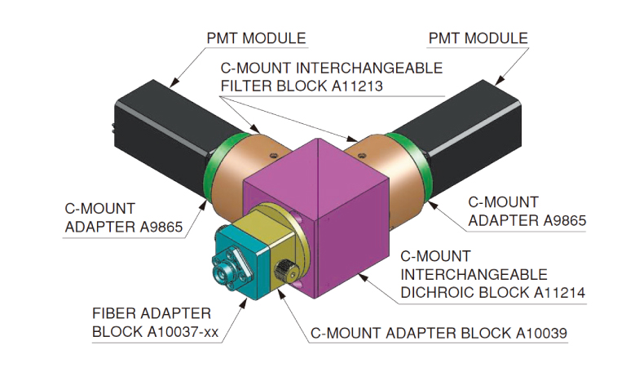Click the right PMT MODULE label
click(478, 38)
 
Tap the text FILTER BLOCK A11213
click(303, 84)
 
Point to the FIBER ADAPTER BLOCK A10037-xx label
click(152, 323)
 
